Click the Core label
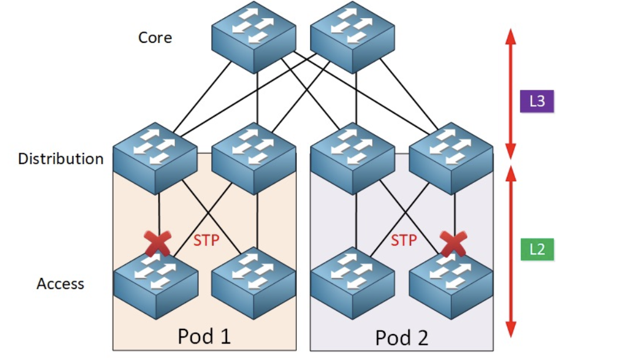point(155,38)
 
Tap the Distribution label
point(60,158)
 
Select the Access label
point(60,284)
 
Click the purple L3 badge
point(537,101)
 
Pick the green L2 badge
point(537,249)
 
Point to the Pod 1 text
point(204,337)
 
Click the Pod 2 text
point(402,338)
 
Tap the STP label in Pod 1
point(206,240)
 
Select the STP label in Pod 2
point(403,240)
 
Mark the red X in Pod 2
point(453,244)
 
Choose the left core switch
point(254,38)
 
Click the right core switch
point(351,38)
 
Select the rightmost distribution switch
point(451,158)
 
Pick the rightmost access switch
point(451,283)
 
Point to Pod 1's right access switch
point(253,283)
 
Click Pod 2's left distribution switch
point(352,158)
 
